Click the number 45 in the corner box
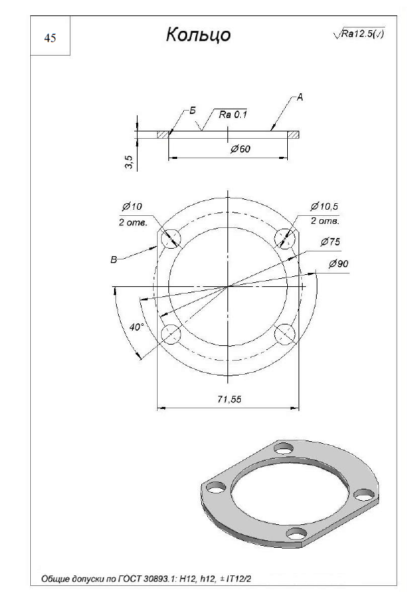tap(50, 38)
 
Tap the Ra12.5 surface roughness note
tap(359, 34)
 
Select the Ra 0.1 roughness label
tap(232, 115)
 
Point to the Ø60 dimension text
tap(240, 149)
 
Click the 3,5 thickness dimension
tap(129, 162)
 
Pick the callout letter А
tap(300, 97)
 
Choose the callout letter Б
tap(193, 111)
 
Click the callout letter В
tap(113, 260)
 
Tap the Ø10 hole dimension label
tap(132, 206)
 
